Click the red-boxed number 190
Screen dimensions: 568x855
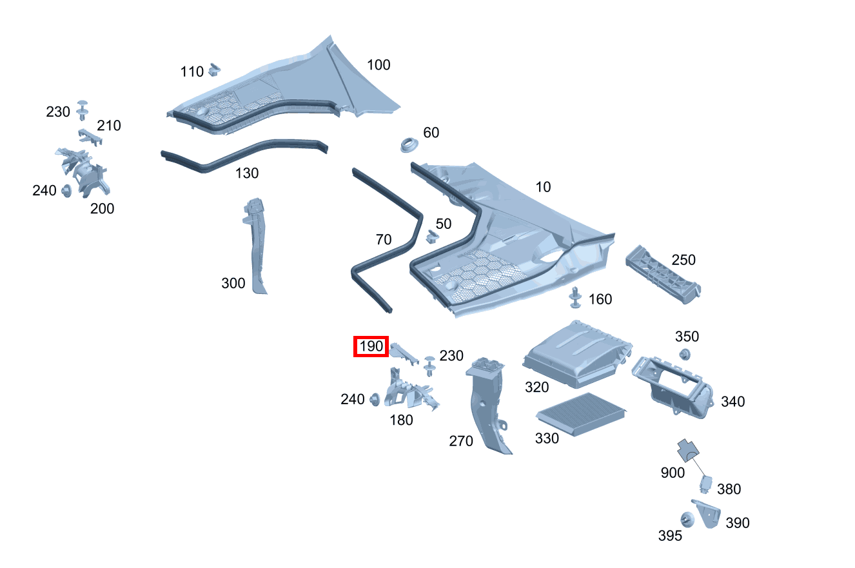pos(371,347)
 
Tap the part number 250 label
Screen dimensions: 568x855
pos(683,260)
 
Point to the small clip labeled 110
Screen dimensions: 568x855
pos(216,68)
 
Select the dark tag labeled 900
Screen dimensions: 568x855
pos(689,449)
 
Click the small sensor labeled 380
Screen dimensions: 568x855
pos(707,483)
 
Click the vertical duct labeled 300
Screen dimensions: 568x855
pos(256,245)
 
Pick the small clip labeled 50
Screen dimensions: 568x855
pos(431,237)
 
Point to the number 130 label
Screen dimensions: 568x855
pos(247,173)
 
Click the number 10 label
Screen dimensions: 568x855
pos(544,187)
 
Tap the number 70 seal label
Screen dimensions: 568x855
pos(384,240)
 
